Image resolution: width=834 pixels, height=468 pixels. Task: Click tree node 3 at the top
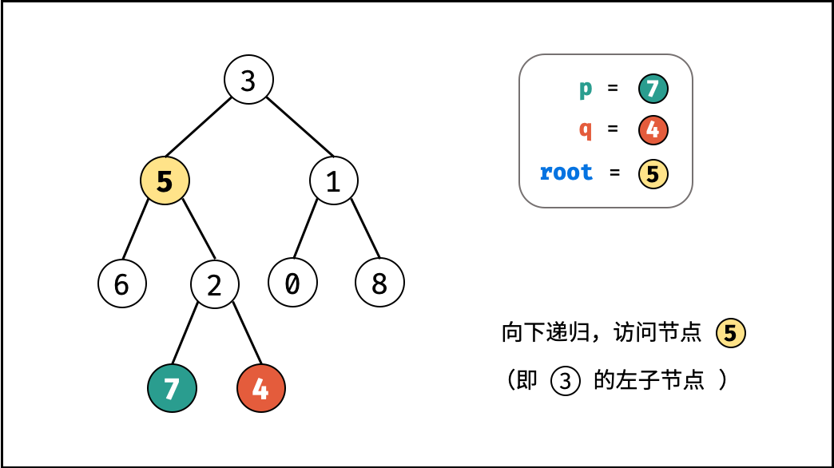point(248,79)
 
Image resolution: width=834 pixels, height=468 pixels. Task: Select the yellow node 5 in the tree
point(165,180)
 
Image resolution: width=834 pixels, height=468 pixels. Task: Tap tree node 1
point(333,180)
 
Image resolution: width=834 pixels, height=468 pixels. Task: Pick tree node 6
point(121,284)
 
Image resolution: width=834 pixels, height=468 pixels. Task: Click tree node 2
point(214,284)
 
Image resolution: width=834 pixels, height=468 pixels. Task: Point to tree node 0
point(292,283)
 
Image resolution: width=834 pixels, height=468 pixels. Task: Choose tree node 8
point(379,283)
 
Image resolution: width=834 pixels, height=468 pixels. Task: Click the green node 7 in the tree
point(172,388)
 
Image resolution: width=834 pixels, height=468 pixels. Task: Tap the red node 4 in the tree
point(260,388)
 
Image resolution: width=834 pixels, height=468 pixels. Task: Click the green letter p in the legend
point(585,89)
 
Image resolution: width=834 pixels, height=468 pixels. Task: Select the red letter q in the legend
point(585,129)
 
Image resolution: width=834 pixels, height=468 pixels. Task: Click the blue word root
point(566,173)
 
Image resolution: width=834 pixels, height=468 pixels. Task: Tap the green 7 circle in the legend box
point(653,89)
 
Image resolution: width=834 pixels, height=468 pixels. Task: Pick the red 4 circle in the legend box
point(653,129)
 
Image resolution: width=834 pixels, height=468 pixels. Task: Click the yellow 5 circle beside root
point(653,174)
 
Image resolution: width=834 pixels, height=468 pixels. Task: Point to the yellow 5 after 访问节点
point(731,333)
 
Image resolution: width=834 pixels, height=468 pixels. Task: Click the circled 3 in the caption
point(565,381)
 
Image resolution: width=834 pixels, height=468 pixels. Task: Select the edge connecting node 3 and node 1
point(300,126)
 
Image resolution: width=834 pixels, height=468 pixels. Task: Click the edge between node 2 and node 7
point(185,334)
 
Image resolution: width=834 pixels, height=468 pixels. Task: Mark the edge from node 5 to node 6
point(136,229)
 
